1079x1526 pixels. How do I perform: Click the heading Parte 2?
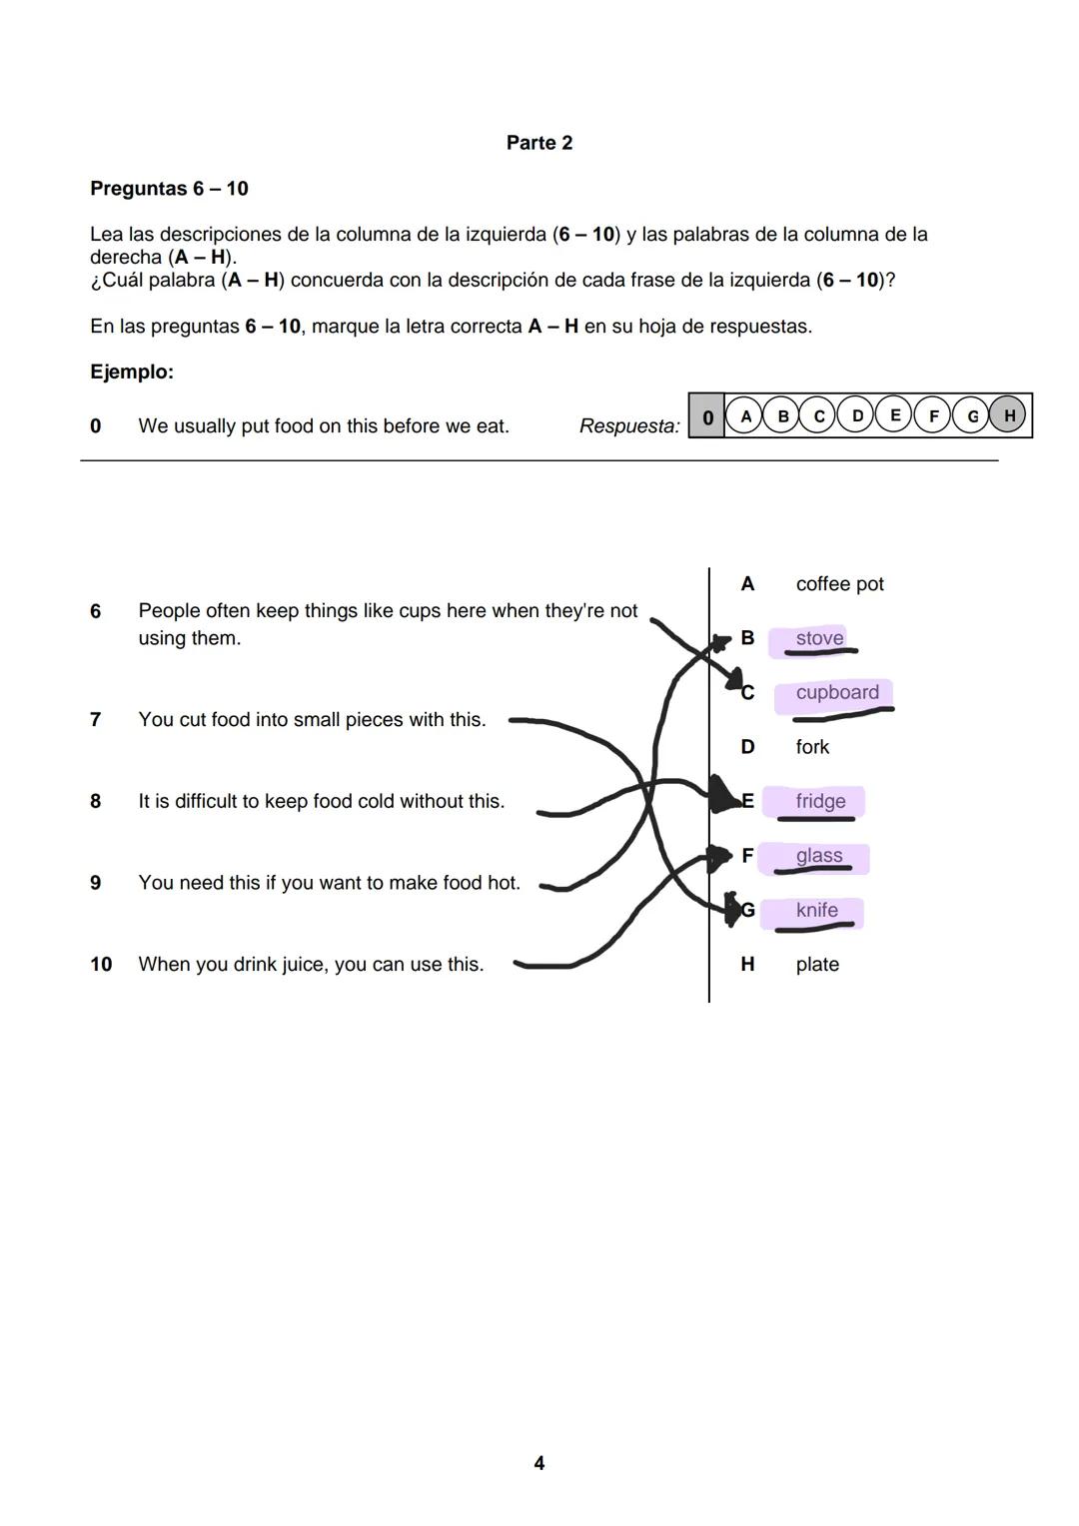tap(539, 143)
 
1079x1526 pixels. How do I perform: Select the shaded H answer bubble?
tap(1008, 415)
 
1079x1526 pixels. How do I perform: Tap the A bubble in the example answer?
tap(744, 415)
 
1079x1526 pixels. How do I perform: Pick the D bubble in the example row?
tap(856, 415)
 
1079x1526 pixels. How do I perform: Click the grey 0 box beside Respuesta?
tap(706, 416)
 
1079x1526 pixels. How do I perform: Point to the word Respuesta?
tap(628, 426)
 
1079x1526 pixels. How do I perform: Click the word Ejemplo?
tap(131, 372)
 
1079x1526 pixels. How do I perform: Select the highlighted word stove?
tap(819, 638)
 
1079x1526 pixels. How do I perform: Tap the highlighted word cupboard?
tap(836, 692)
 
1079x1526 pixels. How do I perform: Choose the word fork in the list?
tap(812, 747)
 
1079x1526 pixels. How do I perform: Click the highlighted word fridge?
tap(820, 801)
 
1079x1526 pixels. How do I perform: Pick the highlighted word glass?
tap(818, 856)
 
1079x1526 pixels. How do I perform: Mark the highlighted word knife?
tap(816, 910)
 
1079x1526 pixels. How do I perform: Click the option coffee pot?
tap(839, 584)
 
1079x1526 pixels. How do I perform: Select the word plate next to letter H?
tap(816, 965)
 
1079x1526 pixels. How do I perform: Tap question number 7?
tap(95, 720)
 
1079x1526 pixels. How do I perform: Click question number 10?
tap(101, 965)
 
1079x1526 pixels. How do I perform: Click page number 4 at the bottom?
tap(539, 1463)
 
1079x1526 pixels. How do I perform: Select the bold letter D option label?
tap(747, 747)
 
